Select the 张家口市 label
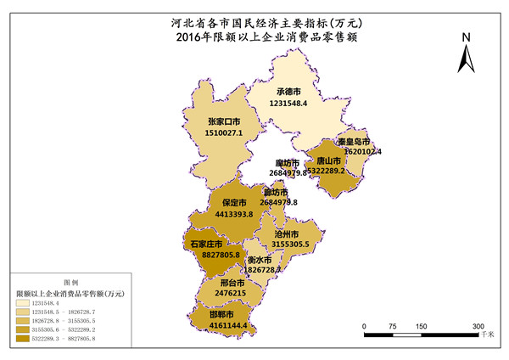click(225, 121)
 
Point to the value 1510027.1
click(225, 132)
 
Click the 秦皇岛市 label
click(352, 141)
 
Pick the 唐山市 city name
click(326, 160)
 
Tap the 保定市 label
click(234, 203)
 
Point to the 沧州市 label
click(284, 233)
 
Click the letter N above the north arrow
click(466, 37)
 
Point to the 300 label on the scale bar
click(478, 326)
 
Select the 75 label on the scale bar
click(393, 326)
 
